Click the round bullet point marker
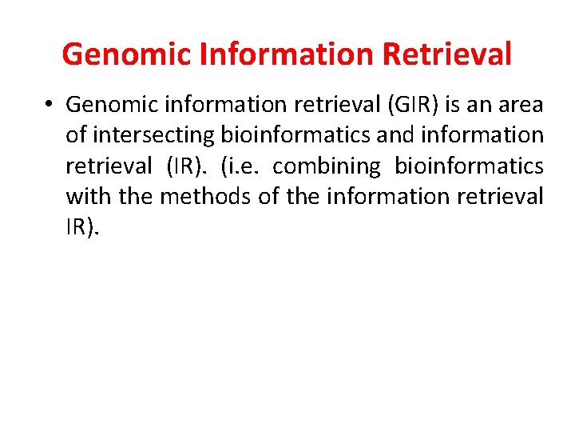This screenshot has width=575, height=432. (50, 105)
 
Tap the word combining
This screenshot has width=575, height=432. (327, 166)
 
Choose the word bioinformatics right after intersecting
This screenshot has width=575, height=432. (300, 135)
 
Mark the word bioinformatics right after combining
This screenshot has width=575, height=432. (469, 166)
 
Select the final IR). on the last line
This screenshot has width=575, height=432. (83, 226)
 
